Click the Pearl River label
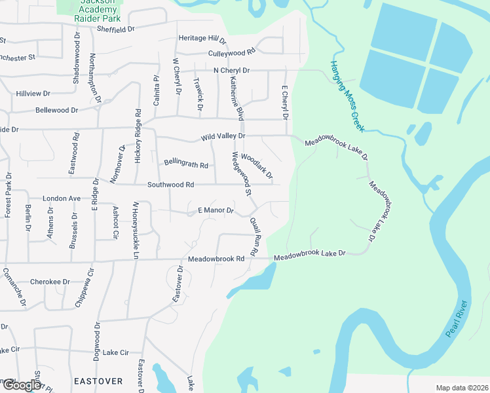click(457, 319)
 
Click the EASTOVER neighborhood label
click(98, 381)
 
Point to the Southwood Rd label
click(171, 185)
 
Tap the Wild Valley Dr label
click(223, 136)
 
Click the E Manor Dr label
click(216, 210)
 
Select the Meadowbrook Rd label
click(216, 259)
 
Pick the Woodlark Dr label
click(256, 166)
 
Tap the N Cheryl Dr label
click(231, 70)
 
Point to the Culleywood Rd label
click(231, 52)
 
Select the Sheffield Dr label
click(115, 29)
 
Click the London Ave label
click(61, 198)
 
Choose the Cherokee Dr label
click(49, 282)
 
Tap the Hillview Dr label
click(33, 94)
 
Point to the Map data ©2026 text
click(461, 388)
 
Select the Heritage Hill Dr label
click(202, 39)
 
